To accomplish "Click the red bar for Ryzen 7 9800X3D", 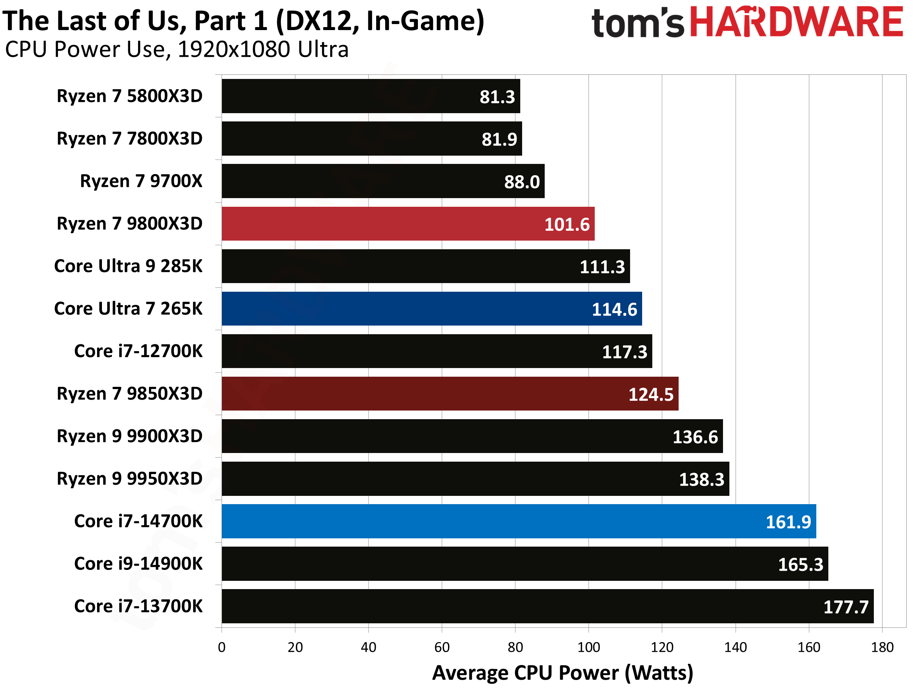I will pyautogui.click(x=408, y=224).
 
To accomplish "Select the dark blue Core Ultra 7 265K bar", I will pyautogui.click(x=431, y=309).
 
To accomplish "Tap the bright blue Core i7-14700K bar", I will pyautogui.click(x=518, y=521).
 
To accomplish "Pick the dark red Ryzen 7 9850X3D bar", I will pyautogui.click(x=450, y=394).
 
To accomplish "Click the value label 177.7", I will pyautogui.click(x=846, y=607).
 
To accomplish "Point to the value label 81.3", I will pyautogui.click(x=497, y=97).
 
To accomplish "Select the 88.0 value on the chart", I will pyautogui.click(x=521, y=182).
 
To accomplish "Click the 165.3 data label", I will pyautogui.click(x=800, y=565).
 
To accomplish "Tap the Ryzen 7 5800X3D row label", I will pyautogui.click(x=130, y=96).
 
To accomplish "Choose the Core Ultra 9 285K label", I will pyautogui.click(x=128, y=266).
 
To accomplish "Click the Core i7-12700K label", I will pyautogui.click(x=138, y=351).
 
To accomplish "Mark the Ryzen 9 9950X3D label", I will pyautogui.click(x=130, y=479).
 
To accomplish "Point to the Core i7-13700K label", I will pyautogui.click(x=138, y=606).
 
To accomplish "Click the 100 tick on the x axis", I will pyautogui.click(x=589, y=647).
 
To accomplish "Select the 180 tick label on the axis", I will pyautogui.click(x=882, y=647).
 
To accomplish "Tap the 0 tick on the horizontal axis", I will pyautogui.click(x=222, y=647).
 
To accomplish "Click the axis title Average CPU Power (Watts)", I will pyautogui.click(x=562, y=673).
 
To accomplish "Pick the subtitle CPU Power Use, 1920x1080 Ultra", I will pyautogui.click(x=177, y=50).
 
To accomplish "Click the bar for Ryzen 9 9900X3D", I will pyautogui.click(x=472, y=436).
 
